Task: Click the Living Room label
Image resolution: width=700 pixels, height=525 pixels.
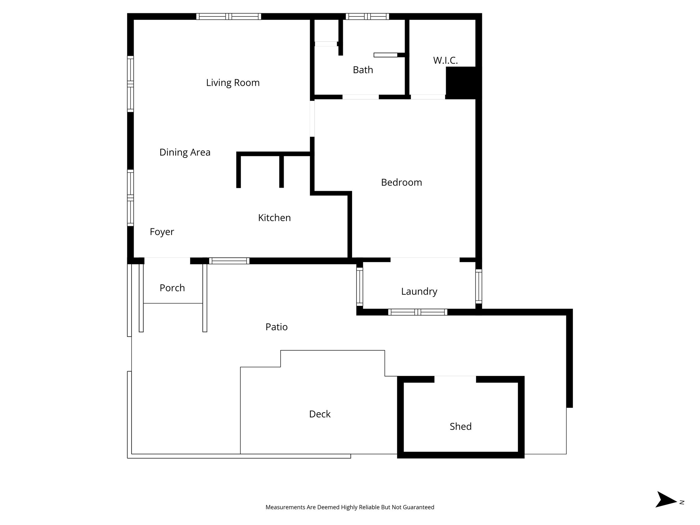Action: click(233, 83)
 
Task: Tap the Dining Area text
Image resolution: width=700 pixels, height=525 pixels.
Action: click(185, 152)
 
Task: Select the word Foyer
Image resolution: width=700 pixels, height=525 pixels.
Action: click(162, 232)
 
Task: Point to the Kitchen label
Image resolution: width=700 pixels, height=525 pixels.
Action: click(274, 218)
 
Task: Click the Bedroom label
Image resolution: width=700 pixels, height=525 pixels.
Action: click(401, 183)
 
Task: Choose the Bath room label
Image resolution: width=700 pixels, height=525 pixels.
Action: click(363, 70)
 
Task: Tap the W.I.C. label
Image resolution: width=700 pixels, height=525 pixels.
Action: click(445, 60)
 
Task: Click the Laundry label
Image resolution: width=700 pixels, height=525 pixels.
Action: click(419, 292)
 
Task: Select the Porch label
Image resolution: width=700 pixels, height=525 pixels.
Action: click(172, 288)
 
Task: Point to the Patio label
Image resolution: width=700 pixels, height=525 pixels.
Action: click(276, 327)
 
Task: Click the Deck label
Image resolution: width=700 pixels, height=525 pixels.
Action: click(320, 414)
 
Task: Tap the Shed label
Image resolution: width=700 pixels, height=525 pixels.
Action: click(460, 427)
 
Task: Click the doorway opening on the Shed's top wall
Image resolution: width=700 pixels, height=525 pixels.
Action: click(455, 379)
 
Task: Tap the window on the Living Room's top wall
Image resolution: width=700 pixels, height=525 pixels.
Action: click(229, 16)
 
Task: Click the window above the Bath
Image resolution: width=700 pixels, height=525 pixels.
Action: click(367, 16)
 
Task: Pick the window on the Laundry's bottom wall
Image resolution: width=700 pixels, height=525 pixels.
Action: click(417, 312)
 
